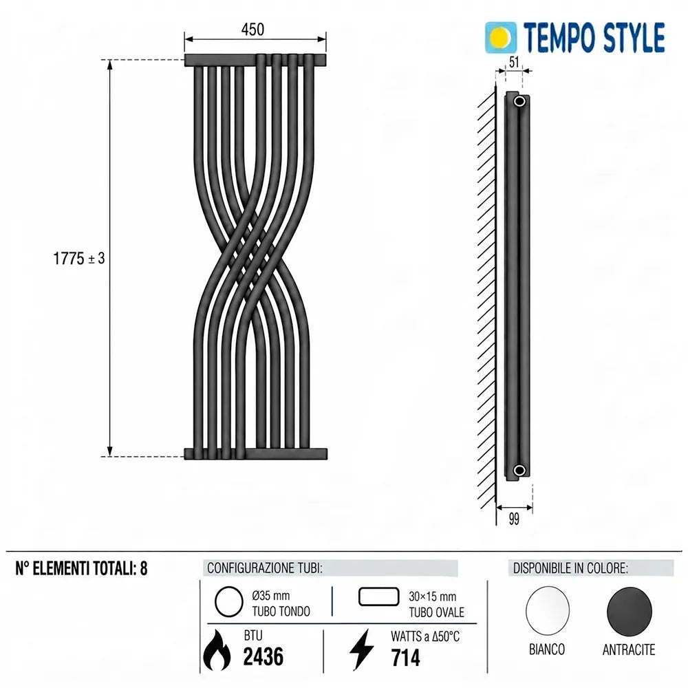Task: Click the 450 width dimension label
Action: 252,30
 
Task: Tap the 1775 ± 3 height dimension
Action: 79,259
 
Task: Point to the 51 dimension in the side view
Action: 514,62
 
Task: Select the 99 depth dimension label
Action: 514,519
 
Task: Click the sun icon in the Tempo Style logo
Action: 501,38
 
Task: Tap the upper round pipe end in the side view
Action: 519,102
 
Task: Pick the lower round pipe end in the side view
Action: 519,471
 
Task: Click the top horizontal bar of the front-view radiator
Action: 255,60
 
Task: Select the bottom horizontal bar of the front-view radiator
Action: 256,453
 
